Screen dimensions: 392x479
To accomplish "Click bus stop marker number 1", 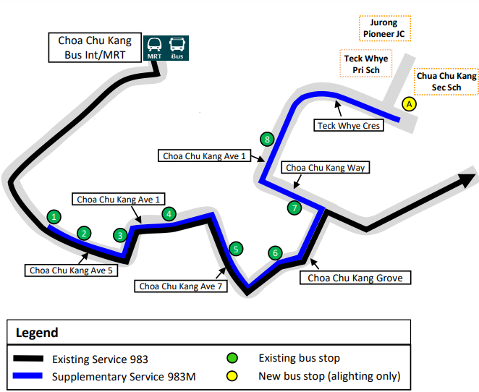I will (x=54, y=216).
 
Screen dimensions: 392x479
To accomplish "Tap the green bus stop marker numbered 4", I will (x=169, y=213).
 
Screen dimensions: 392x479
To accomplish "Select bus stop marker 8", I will (x=268, y=139).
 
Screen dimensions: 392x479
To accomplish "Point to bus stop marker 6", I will (x=275, y=253).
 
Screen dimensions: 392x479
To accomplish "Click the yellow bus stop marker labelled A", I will (x=410, y=104).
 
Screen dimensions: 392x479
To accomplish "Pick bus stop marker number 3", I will (x=120, y=234).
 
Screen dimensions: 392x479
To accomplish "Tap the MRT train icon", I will (x=155, y=48).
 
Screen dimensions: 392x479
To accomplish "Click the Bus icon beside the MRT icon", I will (x=177, y=48).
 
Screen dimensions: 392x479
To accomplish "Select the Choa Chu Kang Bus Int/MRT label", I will (x=95, y=48).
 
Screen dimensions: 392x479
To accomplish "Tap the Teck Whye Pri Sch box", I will (x=365, y=64).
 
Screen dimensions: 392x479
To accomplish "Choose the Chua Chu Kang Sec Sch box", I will (x=446, y=81).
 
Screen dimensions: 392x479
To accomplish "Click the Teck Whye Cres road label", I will (x=349, y=126).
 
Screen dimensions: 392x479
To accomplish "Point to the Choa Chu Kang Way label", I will (x=326, y=168).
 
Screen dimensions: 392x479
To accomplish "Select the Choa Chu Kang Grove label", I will (x=355, y=278).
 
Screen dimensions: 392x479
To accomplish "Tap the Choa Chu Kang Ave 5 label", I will (x=71, y=270).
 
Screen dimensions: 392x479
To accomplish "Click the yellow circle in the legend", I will (x=232, y=376).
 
